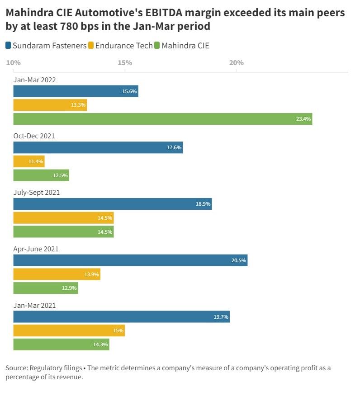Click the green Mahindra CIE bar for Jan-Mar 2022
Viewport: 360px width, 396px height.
pyautogui.click(x=163, y=119)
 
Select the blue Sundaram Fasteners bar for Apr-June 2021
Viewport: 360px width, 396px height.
pyautogui.click(x=130, y=260)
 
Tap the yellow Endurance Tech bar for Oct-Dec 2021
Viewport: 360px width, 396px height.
pyautogui.click(x=29, y=161)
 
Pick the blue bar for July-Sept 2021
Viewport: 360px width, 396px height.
pyautogui.click(x=113, y=204)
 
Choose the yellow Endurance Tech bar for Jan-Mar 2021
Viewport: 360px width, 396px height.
pyautogui.click(x=69, y=330)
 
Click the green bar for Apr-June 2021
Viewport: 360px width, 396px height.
pyautogui.click(x=46, y=288)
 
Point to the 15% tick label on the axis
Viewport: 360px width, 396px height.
pyautogui.click(x=125, y=62)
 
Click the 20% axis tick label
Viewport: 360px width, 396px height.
pyautogui.click(x=237, y=62)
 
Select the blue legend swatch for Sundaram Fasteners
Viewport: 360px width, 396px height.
pyautogui.click(x=9, y=45)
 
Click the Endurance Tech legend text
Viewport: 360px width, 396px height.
pyautogui.click(x=124, y=45)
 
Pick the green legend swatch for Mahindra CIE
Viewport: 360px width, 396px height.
pyautogui.click(x=157, y=45)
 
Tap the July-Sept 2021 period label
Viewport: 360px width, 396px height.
pyautogui.click(x=37, y=193)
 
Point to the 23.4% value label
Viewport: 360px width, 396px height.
pyautogui.click(x=303, y=119)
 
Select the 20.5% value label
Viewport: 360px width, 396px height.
pyautogui.click(x=238, y=260)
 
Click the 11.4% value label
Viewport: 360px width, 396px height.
pyautogui.click(x=35, y=162)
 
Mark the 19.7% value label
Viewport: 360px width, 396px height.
pyautogui.click(x=221, y=317)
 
